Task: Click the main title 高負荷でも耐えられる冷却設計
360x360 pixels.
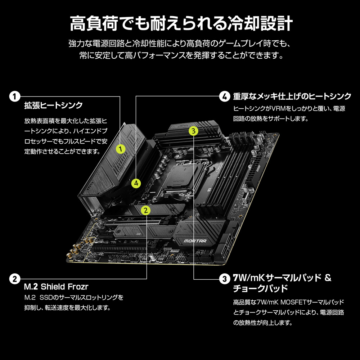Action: [x=180, y=24]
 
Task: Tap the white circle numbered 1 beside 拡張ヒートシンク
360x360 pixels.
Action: [x=14, y=96]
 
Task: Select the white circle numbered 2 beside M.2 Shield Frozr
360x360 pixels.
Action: [x=14, y=279]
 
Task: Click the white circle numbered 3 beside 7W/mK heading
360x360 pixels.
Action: [x=224, y=279]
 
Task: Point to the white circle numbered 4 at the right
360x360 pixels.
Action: [x=224, y=96]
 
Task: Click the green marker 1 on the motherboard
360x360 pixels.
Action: [x=121, y=148]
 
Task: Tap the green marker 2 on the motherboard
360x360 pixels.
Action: [x=145, y=210]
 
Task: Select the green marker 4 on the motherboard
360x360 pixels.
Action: [x=136, y=183]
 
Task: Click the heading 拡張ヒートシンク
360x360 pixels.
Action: [x=53, y=105]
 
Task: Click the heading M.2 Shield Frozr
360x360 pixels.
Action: [x=56, y=287]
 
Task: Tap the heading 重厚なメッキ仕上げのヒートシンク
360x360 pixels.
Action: [x=292, y=96]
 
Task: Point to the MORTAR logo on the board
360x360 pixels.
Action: [x=195, y=241]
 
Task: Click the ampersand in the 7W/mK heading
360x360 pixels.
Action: [x=328, y=278]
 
